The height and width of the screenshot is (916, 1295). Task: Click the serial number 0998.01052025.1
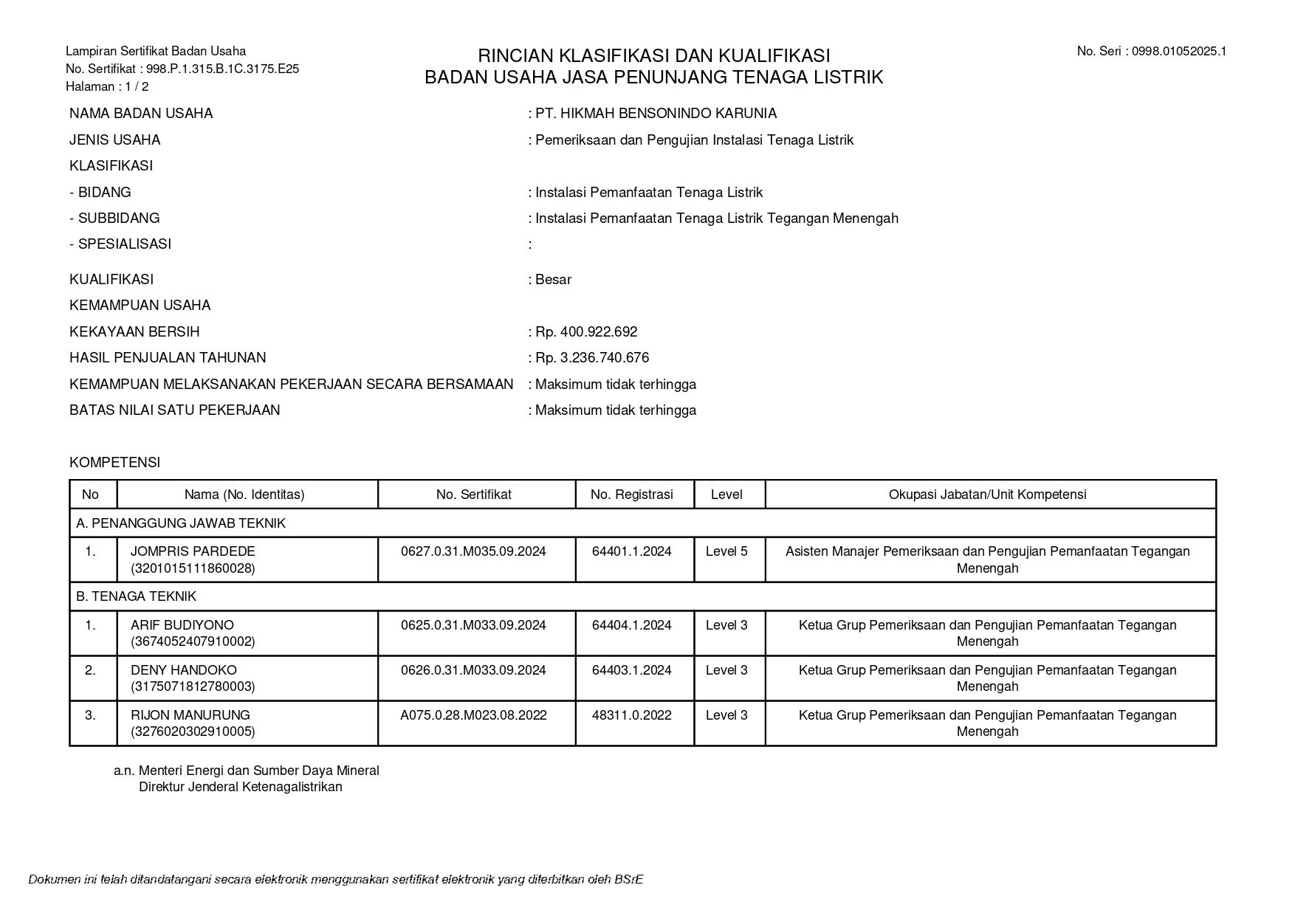(1178, 51)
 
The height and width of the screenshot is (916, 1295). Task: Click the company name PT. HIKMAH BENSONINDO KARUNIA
(656, 114)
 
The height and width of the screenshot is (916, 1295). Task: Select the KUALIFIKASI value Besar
(553, 280)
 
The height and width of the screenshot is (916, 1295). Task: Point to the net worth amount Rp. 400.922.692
(586, 332)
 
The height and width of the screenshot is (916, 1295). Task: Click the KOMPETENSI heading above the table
(114, 463)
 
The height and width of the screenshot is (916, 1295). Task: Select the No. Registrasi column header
(632, 495)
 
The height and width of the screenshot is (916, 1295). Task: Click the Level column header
(726, 495)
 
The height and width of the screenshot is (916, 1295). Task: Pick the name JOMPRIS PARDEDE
(193, 551)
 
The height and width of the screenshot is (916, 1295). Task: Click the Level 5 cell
(726, 551)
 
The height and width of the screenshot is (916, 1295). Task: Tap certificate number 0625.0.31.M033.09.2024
(473, 625)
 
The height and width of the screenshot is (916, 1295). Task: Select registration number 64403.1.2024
(632, 670)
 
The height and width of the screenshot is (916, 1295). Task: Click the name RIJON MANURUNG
(190, 715)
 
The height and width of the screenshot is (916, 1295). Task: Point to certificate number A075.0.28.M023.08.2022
(473, 715)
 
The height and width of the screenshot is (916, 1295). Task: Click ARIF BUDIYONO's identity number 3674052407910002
(193, 641)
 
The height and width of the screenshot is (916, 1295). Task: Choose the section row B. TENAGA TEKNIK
(137, 596)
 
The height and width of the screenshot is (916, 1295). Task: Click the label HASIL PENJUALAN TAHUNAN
(168, 358)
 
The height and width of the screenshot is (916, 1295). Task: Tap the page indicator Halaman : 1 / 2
(107, 86)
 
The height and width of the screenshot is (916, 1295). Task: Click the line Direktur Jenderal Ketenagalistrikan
(241, 787)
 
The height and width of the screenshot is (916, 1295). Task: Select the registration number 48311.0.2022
(632, 715)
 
